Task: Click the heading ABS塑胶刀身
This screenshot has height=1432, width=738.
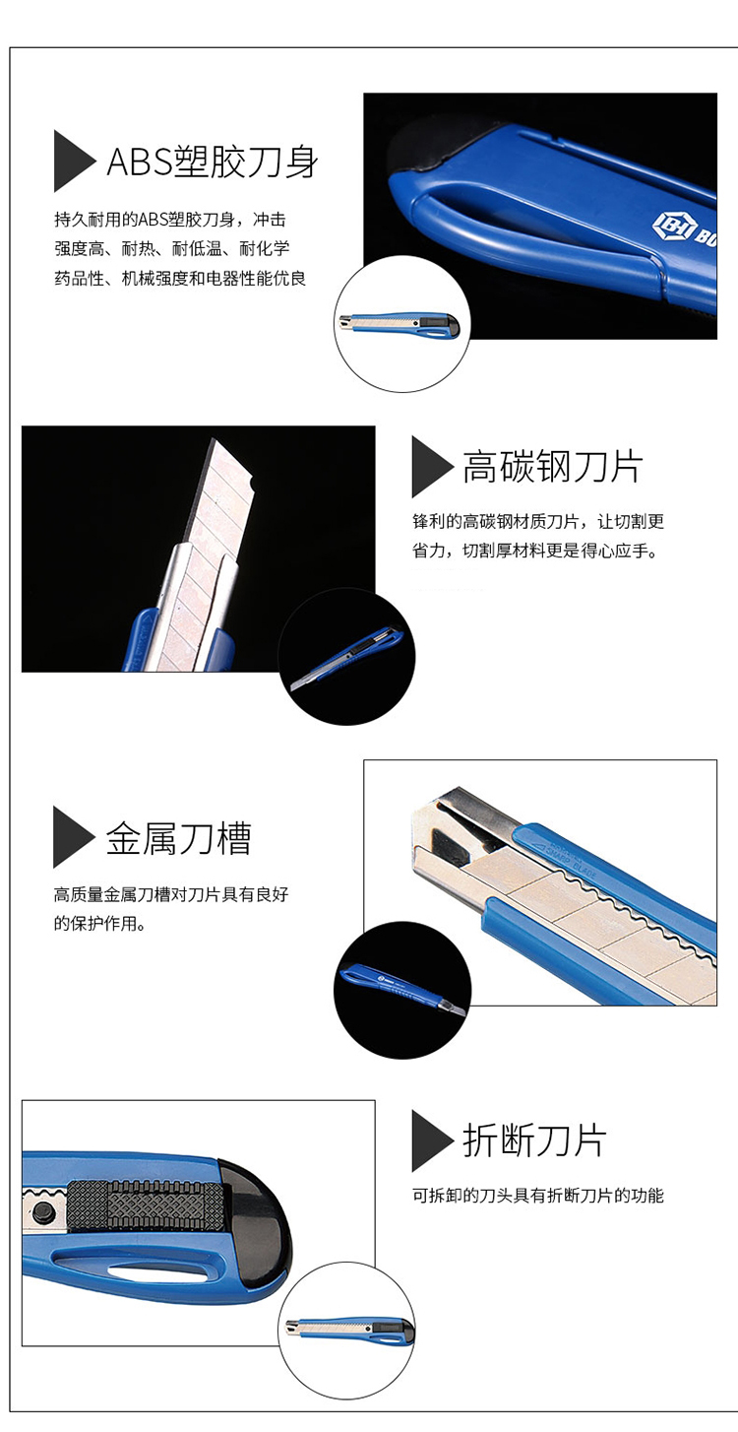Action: click(213, 162)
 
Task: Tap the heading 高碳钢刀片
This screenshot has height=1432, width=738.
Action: click(553, 467)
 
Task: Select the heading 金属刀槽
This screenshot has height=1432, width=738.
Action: click(179, 837)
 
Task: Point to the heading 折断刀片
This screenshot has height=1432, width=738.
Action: click(534, 1141)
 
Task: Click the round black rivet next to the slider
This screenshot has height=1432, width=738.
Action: click(44, 1210)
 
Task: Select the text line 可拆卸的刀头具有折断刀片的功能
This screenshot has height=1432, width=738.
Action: click(538, 1196)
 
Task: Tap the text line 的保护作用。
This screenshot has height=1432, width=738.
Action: click(100, 924)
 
